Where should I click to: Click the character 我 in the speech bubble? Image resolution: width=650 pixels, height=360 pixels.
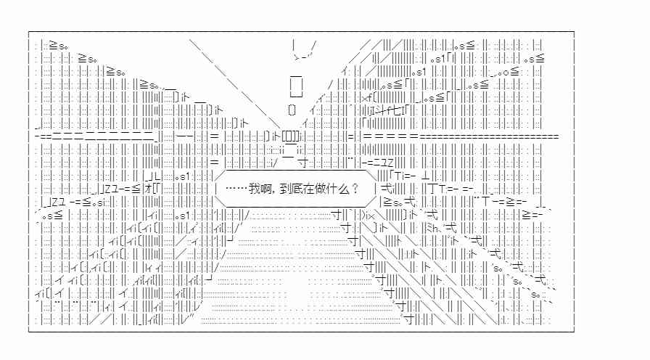coord(254,189)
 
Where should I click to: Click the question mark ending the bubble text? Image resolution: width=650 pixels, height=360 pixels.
coord(355,189)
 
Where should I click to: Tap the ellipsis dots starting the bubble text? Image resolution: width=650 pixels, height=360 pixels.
coord(236,189)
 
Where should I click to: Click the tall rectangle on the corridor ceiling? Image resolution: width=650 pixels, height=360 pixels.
coord(296,86)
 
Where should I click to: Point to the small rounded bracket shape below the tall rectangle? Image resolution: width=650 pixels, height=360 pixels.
coord(292,110)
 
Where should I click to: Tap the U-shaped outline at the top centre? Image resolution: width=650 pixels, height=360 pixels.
coord(304,51)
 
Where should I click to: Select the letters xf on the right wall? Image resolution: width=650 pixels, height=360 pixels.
coord(367,99)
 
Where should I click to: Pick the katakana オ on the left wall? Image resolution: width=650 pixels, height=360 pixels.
coord(147,189)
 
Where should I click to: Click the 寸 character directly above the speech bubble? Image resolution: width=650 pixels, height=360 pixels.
coord(303,162)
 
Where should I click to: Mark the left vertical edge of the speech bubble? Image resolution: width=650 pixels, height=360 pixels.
coord(216,189)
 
